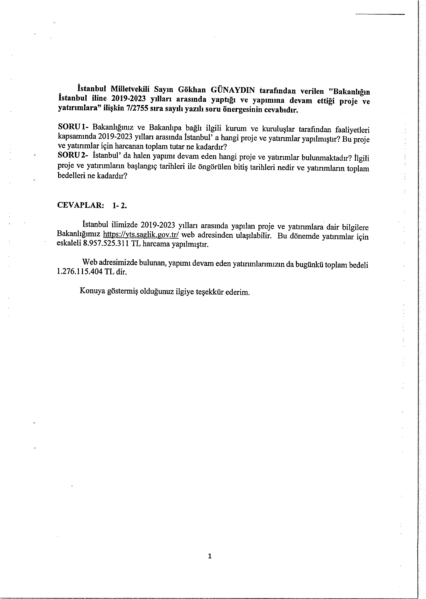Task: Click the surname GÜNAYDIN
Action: [x=233, y=90]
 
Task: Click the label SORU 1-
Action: [x=73, y=127]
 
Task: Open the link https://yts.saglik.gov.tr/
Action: [x=141, y=234]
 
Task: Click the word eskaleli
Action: [x=69, y=243]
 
